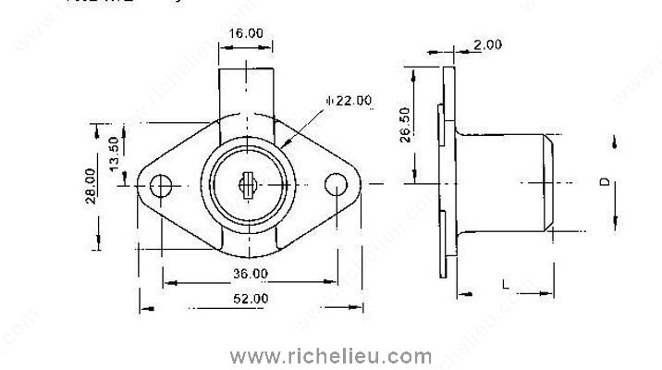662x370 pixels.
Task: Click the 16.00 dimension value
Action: tap(246, 33)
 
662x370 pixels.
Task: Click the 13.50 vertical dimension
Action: tap(114, 149)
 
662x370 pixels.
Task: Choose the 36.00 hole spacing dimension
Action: tap(250, 274)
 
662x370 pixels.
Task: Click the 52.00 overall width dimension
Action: tap(250, 298)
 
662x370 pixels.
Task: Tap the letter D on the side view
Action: tap(603, 182)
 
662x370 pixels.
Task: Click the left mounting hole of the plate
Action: tap(164, 185)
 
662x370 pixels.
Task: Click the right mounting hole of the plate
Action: tap(335, 185)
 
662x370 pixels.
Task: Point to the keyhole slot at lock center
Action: tap(247, 185)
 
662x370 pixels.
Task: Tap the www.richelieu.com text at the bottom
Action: tap(331, 355)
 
